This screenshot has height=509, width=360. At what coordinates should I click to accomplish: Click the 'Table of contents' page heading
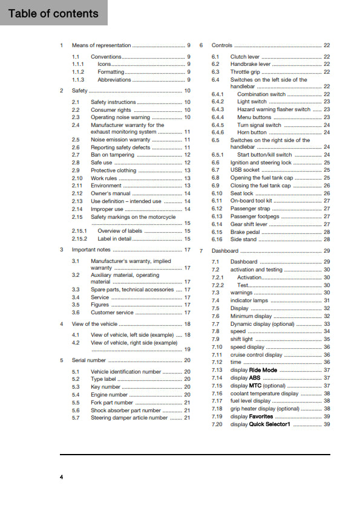53,13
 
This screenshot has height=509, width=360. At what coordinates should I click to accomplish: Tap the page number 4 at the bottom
61,478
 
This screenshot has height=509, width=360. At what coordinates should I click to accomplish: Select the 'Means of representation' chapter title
101,45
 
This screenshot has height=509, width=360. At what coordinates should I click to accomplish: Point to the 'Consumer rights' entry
111,110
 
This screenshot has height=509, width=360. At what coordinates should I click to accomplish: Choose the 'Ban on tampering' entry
113,155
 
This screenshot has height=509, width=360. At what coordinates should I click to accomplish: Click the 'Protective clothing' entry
113,170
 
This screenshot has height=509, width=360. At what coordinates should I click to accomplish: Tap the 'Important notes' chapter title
91,250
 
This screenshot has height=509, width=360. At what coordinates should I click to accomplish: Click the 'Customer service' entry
112,313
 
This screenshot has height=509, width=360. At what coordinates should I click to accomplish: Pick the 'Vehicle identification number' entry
126,372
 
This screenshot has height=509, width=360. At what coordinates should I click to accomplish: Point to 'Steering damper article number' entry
129,417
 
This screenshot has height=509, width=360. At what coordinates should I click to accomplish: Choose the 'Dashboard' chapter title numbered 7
225,251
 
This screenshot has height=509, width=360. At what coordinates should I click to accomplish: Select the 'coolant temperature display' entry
264,393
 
